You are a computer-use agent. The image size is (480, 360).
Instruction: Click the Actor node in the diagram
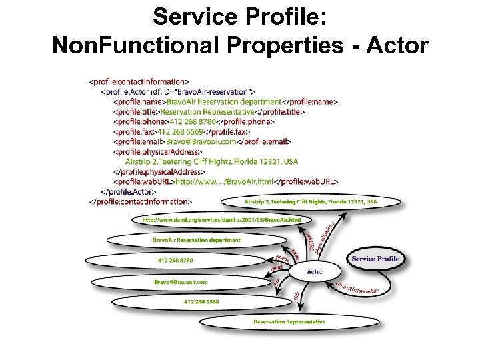pos(315,271)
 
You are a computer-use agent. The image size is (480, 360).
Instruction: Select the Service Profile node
pos(375,259)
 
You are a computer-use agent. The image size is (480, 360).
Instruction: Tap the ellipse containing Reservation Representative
pos(289,322)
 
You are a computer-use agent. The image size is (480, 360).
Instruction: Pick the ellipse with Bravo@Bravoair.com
pos(181,282)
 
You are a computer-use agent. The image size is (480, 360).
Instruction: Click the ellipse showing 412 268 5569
pos(201,301)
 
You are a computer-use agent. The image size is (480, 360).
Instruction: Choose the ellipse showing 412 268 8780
pos(175,259)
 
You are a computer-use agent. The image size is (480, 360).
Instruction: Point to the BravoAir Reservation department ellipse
pos(197,239)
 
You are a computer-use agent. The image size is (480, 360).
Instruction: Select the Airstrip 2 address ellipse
pos(311,201)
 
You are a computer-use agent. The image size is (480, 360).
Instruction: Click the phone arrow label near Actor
pos(283,256)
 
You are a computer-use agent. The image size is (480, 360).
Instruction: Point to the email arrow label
pos(277,268)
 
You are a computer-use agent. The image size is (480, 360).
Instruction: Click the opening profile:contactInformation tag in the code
pos(143,83)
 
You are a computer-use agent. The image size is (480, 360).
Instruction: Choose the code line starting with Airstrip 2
pos(211,161)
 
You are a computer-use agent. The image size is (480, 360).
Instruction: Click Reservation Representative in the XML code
pos(208,112)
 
